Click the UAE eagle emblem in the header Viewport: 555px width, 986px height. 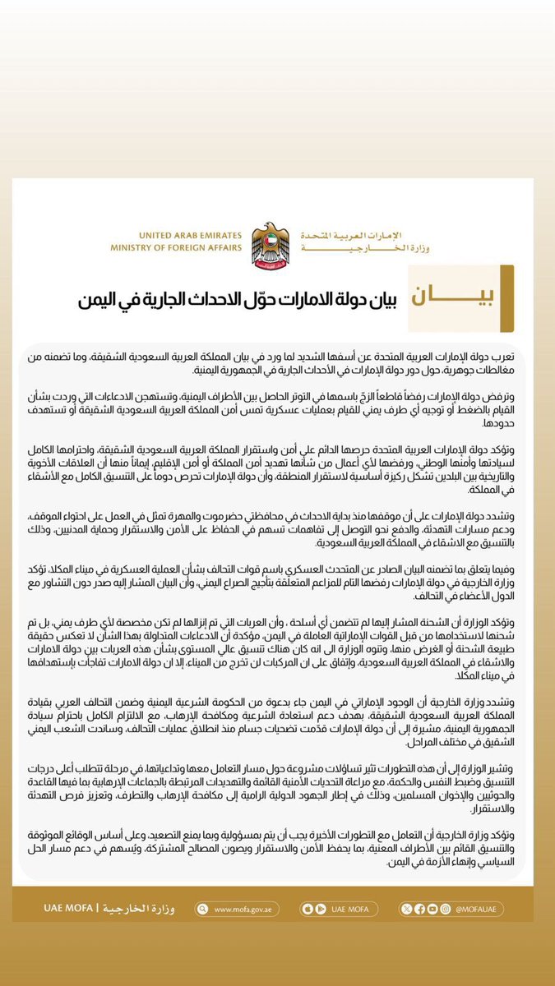coord(270,242)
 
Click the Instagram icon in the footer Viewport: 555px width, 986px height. coord(446,910)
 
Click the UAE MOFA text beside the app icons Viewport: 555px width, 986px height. coord(348,910)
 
